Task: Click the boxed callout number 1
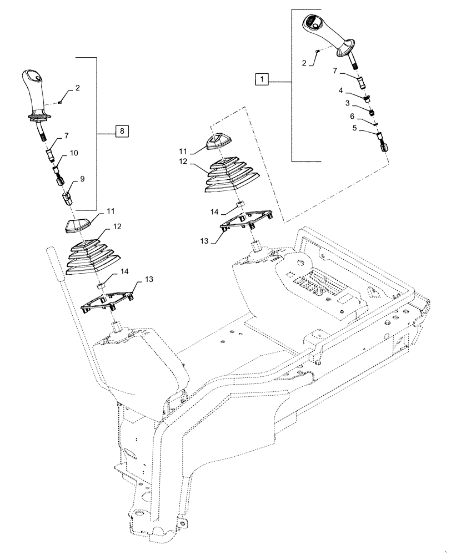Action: [x=262, y=79]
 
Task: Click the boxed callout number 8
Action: [x=122, y=131]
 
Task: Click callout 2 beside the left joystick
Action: [x=78, y=88]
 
